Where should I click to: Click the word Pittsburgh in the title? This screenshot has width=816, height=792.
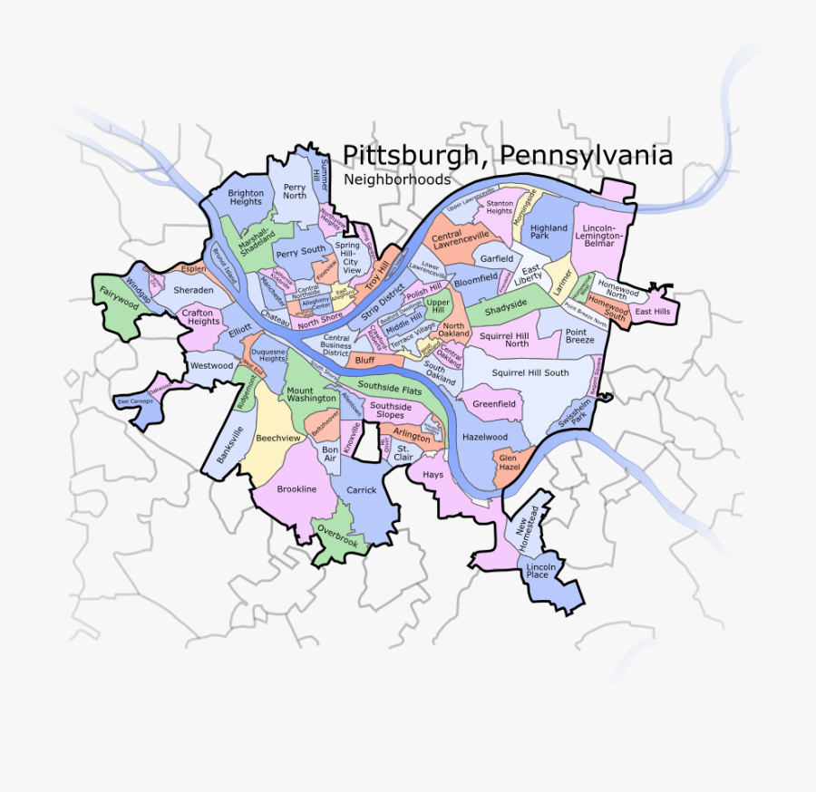pos(408,156)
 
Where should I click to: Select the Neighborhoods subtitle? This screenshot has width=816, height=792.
pos(396,179)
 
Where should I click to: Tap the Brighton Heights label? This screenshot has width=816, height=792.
pos(246,198)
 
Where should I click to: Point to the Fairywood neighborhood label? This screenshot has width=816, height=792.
pos(119,298)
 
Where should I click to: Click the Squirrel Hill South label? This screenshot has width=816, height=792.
pos(530,372)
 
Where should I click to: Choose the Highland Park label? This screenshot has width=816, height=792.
pos(549,232)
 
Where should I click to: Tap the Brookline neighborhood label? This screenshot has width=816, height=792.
pos(296,489)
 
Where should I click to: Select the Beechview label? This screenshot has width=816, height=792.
pos(277,438)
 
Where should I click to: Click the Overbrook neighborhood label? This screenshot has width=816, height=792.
pos(337,536)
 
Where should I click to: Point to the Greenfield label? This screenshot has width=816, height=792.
pos(494,404)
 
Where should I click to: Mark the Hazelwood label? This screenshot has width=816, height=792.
pos(485,437)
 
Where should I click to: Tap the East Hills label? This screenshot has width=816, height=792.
pos(653,312)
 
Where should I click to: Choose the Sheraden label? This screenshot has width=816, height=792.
pos(193,290)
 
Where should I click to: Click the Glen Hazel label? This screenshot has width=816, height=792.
pos(507,463)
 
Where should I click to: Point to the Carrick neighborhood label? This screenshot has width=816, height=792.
pos(361,489)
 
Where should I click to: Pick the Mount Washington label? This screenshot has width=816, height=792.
pos(312,394)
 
